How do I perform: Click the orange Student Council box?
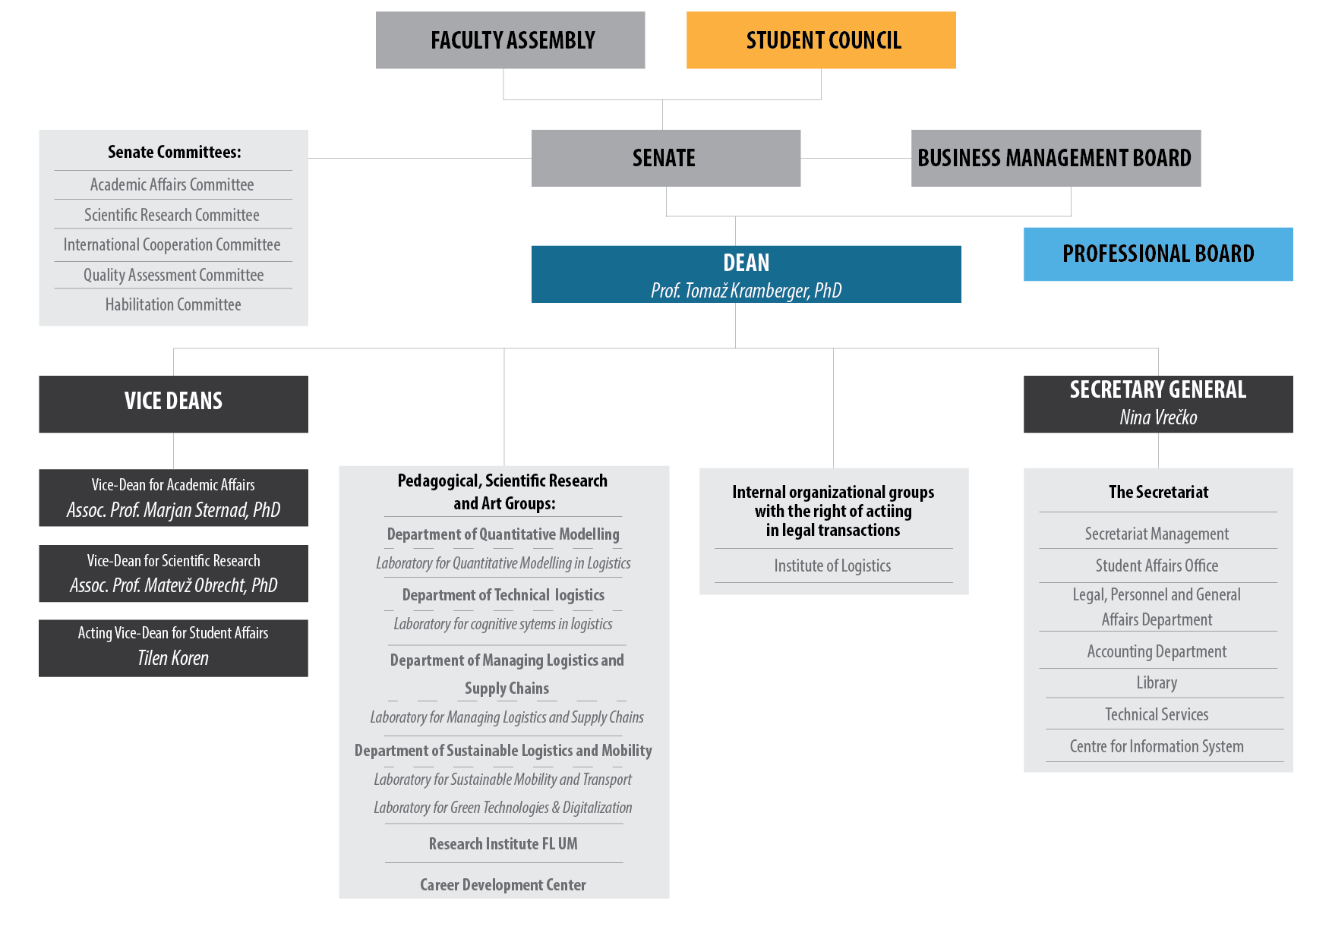click(821, 40)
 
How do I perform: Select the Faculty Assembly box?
click(510, 40)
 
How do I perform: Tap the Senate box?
click(665, 158)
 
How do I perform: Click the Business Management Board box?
click(1055, 158)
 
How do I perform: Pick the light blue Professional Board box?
click(1157, 254)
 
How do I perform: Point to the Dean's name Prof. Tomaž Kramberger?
click(746, 291)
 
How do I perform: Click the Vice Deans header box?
click(173, 402)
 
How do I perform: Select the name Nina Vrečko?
click(1158, 417)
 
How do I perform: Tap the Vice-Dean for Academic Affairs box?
click(173, 497)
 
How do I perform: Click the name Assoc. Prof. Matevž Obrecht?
click(173, 585)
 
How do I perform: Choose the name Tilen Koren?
click(173, 658)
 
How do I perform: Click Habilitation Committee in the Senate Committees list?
click(173, 304)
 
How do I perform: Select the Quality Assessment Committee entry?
click(173, 275)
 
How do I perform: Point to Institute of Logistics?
click(832, 566)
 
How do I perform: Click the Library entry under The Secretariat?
click(1157, 682)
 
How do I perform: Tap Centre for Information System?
click(1157, 746)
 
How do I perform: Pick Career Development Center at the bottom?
click(503, 884)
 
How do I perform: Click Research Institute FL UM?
click(503, 843)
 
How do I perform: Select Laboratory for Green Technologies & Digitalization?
click(503, 808)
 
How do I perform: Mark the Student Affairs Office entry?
click(1157, 566)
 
